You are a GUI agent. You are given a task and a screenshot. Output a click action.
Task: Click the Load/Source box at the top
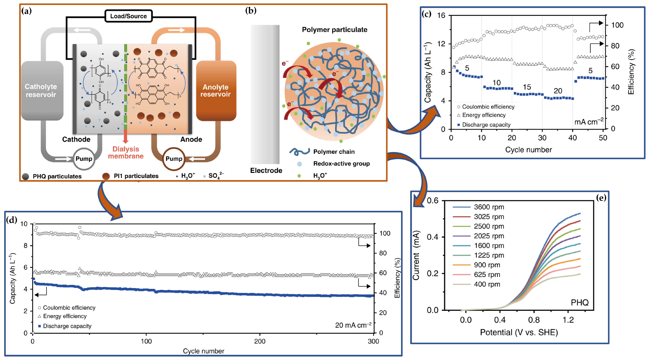[x=128, y=16]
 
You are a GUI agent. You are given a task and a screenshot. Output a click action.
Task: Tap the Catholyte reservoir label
[x=41, y=91]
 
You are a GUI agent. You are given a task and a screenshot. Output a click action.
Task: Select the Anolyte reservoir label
[x=215, y=91]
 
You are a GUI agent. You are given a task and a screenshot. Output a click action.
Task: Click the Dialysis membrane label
[x=126, y=153]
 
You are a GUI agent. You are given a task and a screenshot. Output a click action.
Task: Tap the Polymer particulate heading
[x=335, y=30]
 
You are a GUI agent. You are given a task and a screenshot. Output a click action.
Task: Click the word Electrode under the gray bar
[x=266, y=171]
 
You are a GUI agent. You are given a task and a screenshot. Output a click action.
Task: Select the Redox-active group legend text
[x=341, y=164]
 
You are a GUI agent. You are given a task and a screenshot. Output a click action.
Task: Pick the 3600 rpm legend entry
[x=489, y=207]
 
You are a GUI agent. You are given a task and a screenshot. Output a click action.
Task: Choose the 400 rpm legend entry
[x=487, y=284]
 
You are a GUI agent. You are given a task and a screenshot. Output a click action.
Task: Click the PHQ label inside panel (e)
[x=580, y=302]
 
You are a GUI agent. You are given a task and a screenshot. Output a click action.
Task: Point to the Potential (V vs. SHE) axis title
[x=519, y=332]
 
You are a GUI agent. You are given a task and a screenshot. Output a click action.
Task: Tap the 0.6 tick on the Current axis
[x=432, y=201]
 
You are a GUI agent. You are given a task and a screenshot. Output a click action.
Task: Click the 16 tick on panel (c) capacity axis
[x=441, y=15]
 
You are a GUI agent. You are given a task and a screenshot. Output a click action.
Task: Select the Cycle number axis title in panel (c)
[x=528, y=150]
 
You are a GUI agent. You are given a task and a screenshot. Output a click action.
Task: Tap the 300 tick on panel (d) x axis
[x=373, y=341]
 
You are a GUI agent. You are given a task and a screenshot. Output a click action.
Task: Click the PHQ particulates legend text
[x=57, y=176]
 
